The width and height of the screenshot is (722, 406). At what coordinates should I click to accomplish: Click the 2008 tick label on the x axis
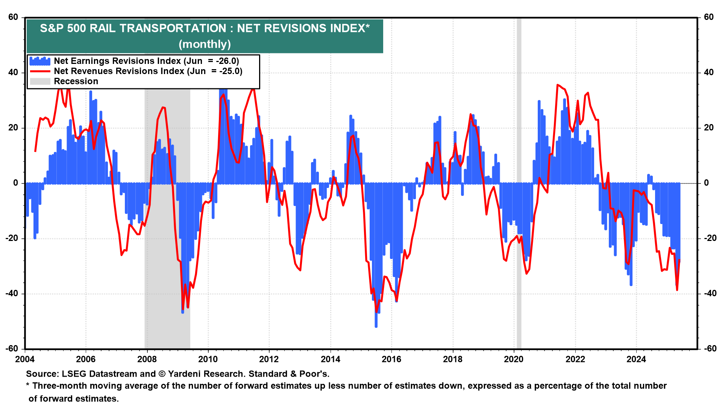tap(147, 359)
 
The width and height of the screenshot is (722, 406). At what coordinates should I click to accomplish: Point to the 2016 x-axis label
tap(391, 359)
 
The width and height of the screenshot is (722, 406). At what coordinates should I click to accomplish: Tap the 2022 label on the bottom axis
tap(575, 359)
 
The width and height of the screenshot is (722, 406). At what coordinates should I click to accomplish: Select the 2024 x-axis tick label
tap(636, 359)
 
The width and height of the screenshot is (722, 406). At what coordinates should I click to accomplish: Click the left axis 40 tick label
tap(13, 73)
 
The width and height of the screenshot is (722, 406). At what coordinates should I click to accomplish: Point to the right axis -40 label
tap(708, 294)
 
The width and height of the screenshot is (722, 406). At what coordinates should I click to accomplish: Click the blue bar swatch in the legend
tap(40, 61)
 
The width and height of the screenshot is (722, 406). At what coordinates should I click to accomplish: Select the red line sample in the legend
tap(40, 71)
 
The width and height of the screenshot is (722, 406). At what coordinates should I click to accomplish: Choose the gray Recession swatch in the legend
tap(40, 81)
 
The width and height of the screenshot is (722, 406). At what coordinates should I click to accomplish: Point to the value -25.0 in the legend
tap(229, 71)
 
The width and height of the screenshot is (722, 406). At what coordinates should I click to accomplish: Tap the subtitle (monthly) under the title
tap(205, 44)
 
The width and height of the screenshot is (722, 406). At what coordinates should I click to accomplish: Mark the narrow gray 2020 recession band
tap(519, 226)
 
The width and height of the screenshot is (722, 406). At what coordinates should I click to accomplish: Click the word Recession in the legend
tap(76, 81)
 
